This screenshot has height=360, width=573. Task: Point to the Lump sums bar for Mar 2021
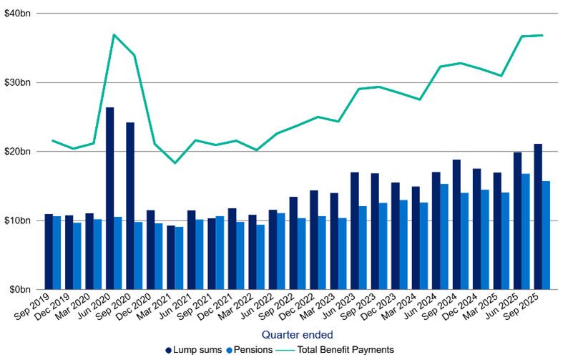(171, 258)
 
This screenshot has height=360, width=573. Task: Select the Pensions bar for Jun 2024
(444, 236)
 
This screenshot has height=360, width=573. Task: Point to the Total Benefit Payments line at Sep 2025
(542, 35)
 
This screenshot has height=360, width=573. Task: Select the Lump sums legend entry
(192, 350)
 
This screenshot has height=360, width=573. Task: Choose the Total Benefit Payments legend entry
(336, 350)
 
